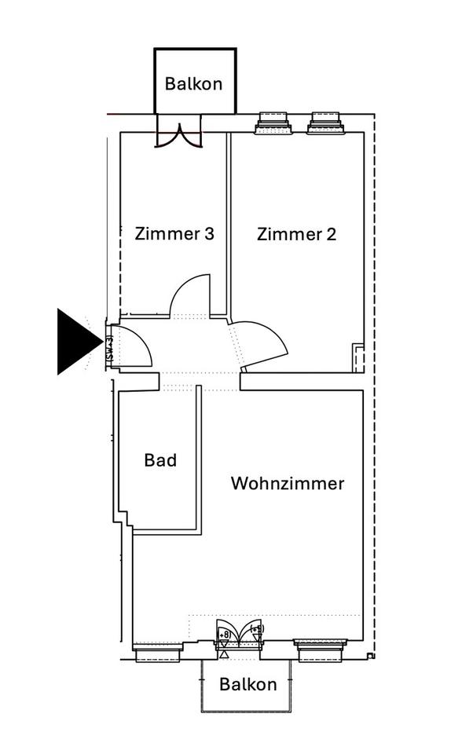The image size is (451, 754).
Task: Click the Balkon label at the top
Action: point(194,83)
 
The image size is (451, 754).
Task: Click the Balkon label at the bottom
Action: point(247,684)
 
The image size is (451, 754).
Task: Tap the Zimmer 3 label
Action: point(174,234)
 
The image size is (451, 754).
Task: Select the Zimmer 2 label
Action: point(296,234)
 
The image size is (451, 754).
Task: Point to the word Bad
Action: point(160,460)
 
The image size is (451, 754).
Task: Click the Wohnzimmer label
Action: point(287,483)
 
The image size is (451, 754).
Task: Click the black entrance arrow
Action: point(77,342)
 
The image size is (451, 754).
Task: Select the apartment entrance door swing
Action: point(132,346)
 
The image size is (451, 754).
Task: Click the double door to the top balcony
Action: point(178,132)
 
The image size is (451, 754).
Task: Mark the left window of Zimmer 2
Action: point(273,122)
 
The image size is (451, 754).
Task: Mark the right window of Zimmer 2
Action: point(326,122)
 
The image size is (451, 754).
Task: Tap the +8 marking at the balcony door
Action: point(224,635)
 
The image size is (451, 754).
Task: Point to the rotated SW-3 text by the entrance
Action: point(109,349)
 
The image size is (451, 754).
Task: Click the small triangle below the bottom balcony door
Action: point(224,653)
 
